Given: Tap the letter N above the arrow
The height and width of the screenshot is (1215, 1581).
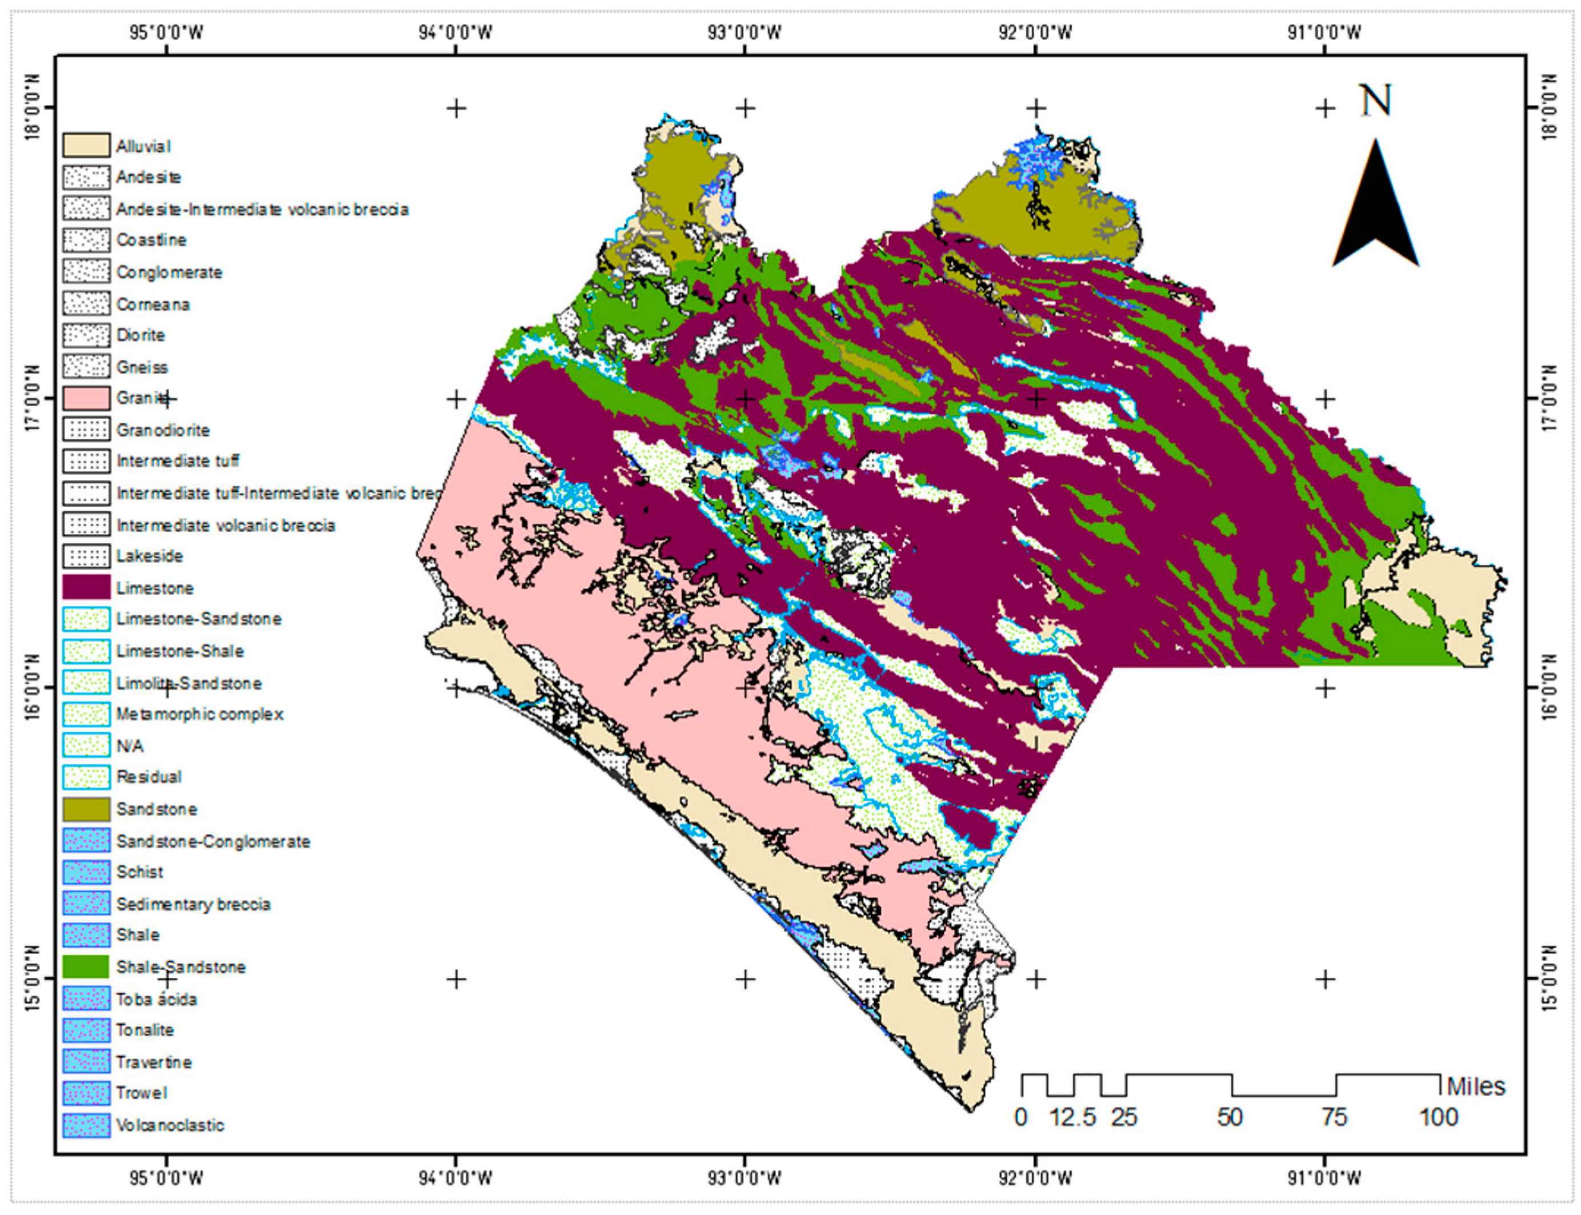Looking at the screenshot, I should point(1375,101).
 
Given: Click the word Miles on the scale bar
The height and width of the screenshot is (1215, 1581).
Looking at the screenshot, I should point(1475,1086).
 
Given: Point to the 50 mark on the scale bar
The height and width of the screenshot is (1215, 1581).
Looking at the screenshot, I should point(1230,1118).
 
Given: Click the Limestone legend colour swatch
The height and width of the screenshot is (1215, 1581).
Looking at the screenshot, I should point(86,587).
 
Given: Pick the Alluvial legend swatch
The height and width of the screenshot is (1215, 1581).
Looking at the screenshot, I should point(86,145).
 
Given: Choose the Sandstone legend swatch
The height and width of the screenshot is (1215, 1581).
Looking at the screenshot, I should point(86,808).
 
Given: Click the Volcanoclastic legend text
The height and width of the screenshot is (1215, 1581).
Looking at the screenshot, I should point(170,1125).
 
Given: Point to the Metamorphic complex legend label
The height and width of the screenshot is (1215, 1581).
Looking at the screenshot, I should point(199,714).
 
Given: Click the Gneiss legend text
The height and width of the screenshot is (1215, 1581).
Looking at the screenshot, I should point(142,367).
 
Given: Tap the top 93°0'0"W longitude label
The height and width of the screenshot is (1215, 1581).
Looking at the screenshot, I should point(745,32).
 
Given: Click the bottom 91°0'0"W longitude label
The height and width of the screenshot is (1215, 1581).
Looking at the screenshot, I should point(1324,1178).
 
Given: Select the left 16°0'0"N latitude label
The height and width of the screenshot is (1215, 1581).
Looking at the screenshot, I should point(32,688).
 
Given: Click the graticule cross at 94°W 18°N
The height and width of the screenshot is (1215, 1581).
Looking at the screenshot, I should point(455,109).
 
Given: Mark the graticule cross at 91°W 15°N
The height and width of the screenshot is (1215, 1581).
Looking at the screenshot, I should point(1325,979).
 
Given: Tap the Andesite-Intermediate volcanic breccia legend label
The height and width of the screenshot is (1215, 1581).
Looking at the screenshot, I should point(262,209).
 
